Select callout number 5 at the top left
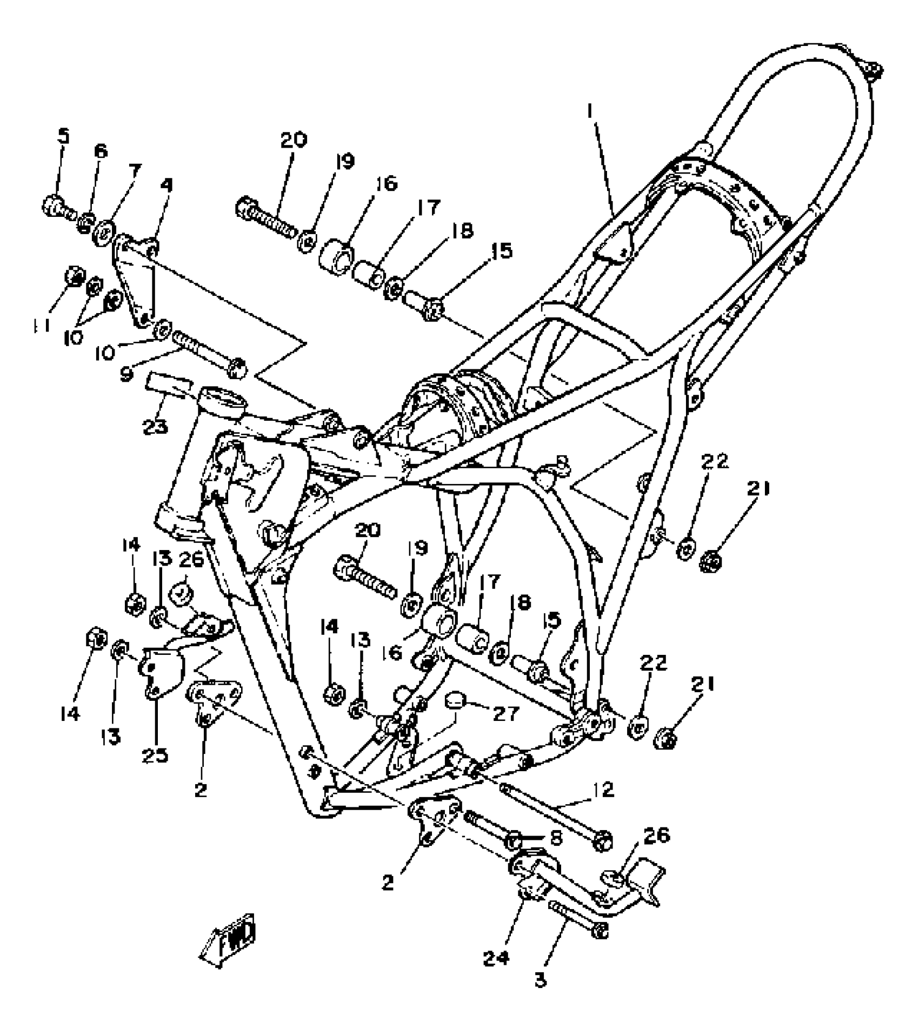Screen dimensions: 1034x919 pos(64,136)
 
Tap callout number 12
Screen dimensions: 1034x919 pos(607,790)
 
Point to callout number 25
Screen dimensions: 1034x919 pos(156,755)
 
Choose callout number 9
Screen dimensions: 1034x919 pos(126,374)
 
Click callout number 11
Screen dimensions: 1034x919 pos(42,324)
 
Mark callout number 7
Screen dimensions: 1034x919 pos(134,171)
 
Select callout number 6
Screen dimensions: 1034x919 pos(101,151)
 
